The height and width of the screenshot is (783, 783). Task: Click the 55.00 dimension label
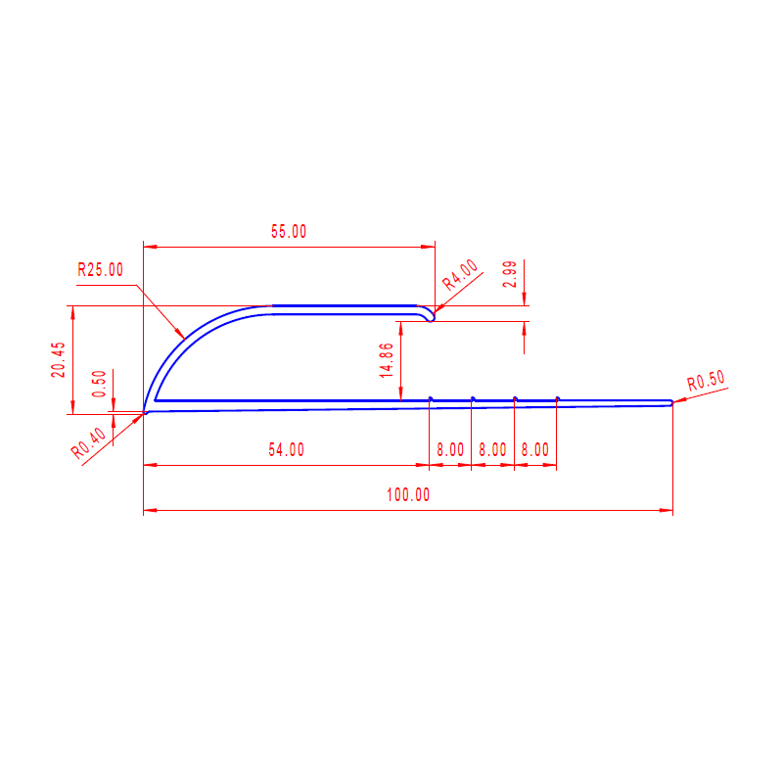point(289,232)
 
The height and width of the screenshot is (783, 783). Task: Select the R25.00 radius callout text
point(101,270)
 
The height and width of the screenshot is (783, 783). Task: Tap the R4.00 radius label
point(460,275)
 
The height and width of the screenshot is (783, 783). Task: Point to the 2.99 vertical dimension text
point(509,275)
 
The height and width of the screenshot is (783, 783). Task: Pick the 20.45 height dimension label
point(59,359)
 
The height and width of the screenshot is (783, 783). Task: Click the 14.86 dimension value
point(387,360)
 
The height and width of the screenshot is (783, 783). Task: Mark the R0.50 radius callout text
point(706,382)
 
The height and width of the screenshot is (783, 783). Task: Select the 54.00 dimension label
point(286,450)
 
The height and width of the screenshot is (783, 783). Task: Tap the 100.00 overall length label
point(408,495)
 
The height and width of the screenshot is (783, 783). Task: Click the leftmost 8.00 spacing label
point(450,450)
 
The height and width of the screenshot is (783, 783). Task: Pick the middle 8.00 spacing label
point(492,450)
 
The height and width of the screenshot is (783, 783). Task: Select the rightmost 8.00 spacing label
point(534,450)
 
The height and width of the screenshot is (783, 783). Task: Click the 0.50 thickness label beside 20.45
point(98,384)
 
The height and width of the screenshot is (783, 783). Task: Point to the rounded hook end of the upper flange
point(431,314)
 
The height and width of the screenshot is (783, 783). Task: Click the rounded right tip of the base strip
point(670,403)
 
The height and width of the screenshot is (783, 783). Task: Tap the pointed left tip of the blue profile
point(146,412)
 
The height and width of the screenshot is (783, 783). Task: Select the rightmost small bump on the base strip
point(557,398)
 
